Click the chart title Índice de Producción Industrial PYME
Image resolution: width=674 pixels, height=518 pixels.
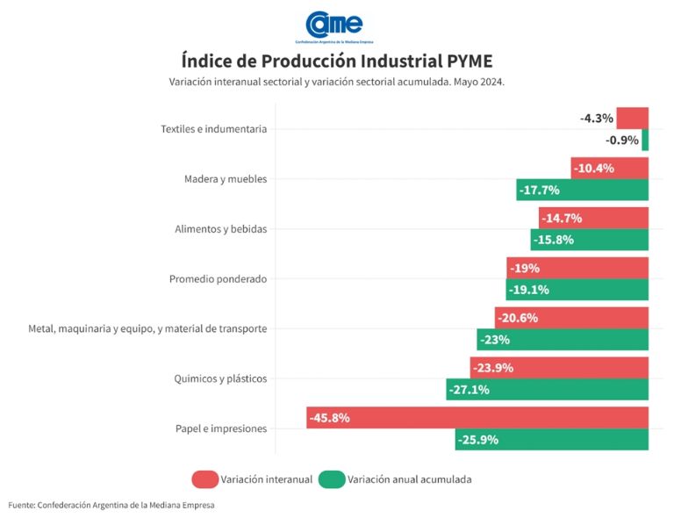tap(337, 61)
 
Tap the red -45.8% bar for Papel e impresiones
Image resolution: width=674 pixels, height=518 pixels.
tap(477, 418)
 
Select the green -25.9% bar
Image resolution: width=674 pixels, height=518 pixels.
tap(551, 440)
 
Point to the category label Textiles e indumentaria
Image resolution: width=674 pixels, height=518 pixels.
tap(213, 129)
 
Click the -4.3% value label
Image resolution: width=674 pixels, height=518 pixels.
tap(597, 118)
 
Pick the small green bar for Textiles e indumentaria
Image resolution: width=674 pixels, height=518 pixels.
tap(645, 140)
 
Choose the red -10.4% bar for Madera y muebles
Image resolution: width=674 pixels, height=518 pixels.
tap(609, 168)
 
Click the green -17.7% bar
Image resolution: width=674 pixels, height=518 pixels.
tap(582, 190)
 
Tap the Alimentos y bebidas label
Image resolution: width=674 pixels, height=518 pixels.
tap(220, 229)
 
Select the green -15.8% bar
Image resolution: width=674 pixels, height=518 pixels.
tap(589, 240)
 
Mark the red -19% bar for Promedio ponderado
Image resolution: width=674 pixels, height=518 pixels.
tap(577, 268)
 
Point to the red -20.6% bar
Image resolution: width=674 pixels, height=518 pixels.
tap(571, 318)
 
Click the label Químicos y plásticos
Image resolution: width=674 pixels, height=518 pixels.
tap(220, 379)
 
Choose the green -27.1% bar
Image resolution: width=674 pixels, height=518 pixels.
tap(547, 390)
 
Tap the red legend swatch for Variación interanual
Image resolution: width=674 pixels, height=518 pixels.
tap(204, 479)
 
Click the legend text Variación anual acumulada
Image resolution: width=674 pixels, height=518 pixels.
tap(409, 479)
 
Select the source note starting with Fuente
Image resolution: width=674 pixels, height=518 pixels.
tap(111, 505)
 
